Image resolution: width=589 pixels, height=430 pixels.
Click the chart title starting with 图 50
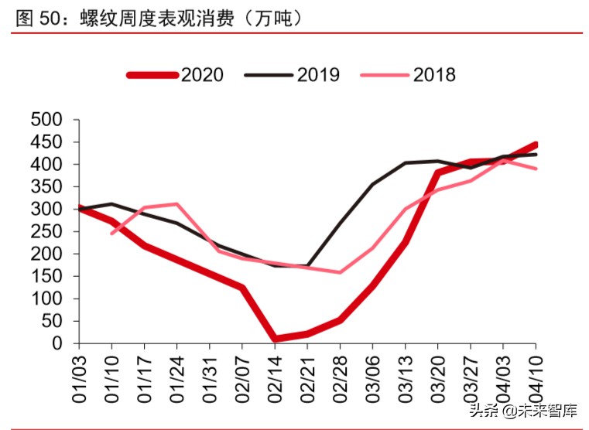coord(159,17)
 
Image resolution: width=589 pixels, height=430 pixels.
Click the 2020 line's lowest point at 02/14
coord(275,339)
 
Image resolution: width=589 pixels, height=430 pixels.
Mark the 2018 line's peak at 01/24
coord(177,204)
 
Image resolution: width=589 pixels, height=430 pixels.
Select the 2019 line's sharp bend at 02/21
coord(307,266)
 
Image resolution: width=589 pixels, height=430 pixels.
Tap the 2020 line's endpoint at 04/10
coord(535,145)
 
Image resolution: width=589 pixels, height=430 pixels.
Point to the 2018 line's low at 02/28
coord(340,272)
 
